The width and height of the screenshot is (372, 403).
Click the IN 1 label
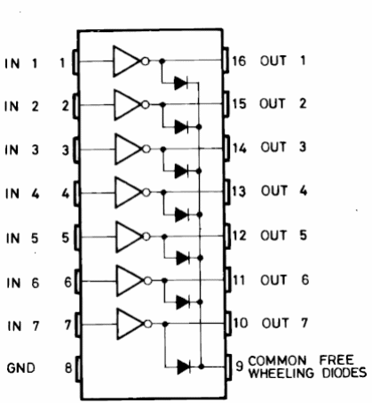(x=21, y=63)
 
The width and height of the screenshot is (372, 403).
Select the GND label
(x=20, y=368)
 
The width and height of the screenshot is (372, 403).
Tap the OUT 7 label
(x=285, y=323)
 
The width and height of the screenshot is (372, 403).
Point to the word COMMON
(x=277, y=360)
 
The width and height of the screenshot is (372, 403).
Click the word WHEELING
(x=281, y=373)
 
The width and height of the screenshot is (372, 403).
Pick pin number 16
(x=239, y=60)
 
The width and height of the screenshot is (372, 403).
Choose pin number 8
(x=68, y=368)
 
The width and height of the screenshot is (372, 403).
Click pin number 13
(x=239, y=191)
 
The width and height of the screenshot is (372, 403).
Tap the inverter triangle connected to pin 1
(x=126, y=61)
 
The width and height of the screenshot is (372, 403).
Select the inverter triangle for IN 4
(x=129, y=193)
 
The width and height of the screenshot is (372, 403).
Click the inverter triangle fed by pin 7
(x=131, y=324)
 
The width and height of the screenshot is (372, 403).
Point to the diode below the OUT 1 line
(x=181, y=83)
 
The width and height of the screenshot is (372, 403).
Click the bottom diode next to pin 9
(x=184, y=367)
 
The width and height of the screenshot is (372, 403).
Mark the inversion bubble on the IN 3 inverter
(x=146, y=149)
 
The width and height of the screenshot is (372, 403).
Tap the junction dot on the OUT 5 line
(x=164, y=237)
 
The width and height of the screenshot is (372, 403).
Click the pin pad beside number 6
(x=77, y=281)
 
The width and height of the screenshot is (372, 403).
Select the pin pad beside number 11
(x=227, y=279)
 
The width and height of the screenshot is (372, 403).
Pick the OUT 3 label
(x=283, y=147)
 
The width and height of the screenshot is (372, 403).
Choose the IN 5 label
(x=22, y=238)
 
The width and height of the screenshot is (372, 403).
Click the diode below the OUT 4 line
(x=182, y=214)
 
